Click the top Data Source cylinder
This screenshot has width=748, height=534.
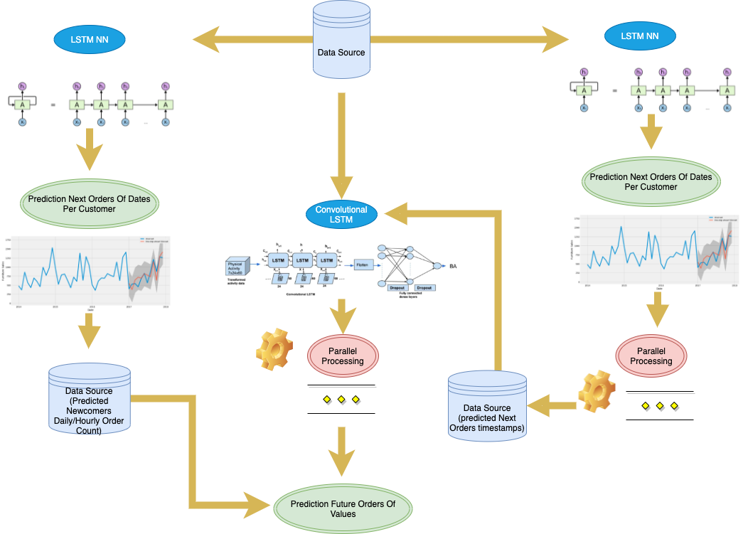(341, 43)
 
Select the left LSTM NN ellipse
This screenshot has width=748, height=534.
(89, 39)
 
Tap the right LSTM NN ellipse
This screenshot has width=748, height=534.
(639, 36)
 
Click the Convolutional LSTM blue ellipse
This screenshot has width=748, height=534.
(341, 214)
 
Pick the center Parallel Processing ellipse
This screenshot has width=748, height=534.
(343, 356)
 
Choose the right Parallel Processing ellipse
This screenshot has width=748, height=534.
(651, 356)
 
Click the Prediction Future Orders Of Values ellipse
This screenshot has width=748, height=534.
(343, 509)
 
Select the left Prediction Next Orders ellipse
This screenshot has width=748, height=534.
(89, 204)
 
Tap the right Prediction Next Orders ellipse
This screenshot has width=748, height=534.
(651, 182)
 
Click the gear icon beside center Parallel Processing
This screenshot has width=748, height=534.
(274, 349)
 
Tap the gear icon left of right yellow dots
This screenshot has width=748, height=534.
(596, 391)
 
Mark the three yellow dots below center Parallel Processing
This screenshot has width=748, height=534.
(341, 400)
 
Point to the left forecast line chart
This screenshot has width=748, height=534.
(89, 274)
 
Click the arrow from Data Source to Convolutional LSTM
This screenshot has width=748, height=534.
(341, 142)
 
